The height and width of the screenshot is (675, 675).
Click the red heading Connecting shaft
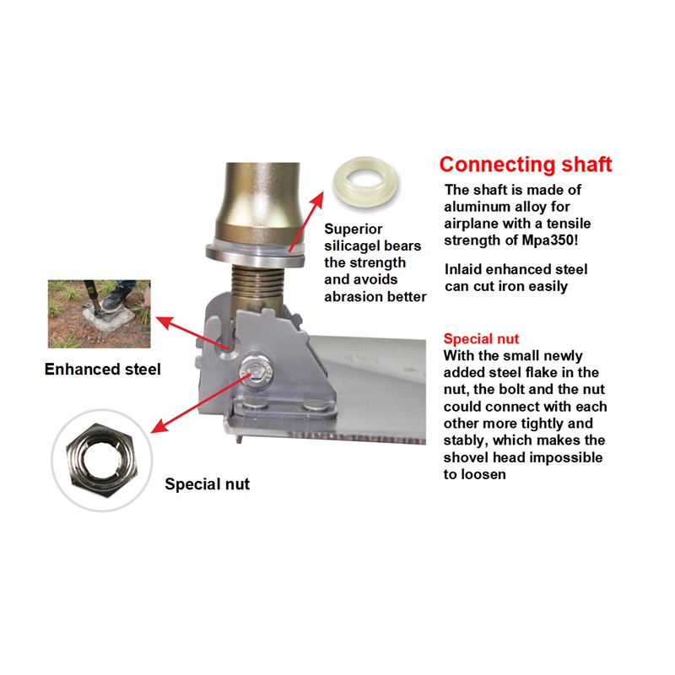(x=525, y=165)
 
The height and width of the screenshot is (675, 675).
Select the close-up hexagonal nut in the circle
(x=101, y=460)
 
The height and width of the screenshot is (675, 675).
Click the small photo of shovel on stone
(x=99, y=314)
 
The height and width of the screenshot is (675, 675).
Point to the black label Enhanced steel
(x=102, y=370)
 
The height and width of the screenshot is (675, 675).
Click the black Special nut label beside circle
(x=207, y=483)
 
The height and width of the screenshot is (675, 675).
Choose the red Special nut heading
(x=481, y=339)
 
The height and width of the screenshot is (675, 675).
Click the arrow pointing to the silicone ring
(x=305, y=222)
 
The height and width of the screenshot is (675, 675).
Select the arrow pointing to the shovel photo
(x=192, y=333)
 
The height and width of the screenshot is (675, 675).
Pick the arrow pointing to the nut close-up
(x=201, y=404)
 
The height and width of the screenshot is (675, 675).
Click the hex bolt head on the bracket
(x=256, y=370)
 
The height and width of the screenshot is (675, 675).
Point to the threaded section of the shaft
(x=257, y=284)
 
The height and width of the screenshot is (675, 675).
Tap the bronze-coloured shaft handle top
(x=262, y=199)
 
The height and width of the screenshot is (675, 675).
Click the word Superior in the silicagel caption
(x=353, y=229)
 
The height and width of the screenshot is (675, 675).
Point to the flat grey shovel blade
(x=370, y=383)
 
